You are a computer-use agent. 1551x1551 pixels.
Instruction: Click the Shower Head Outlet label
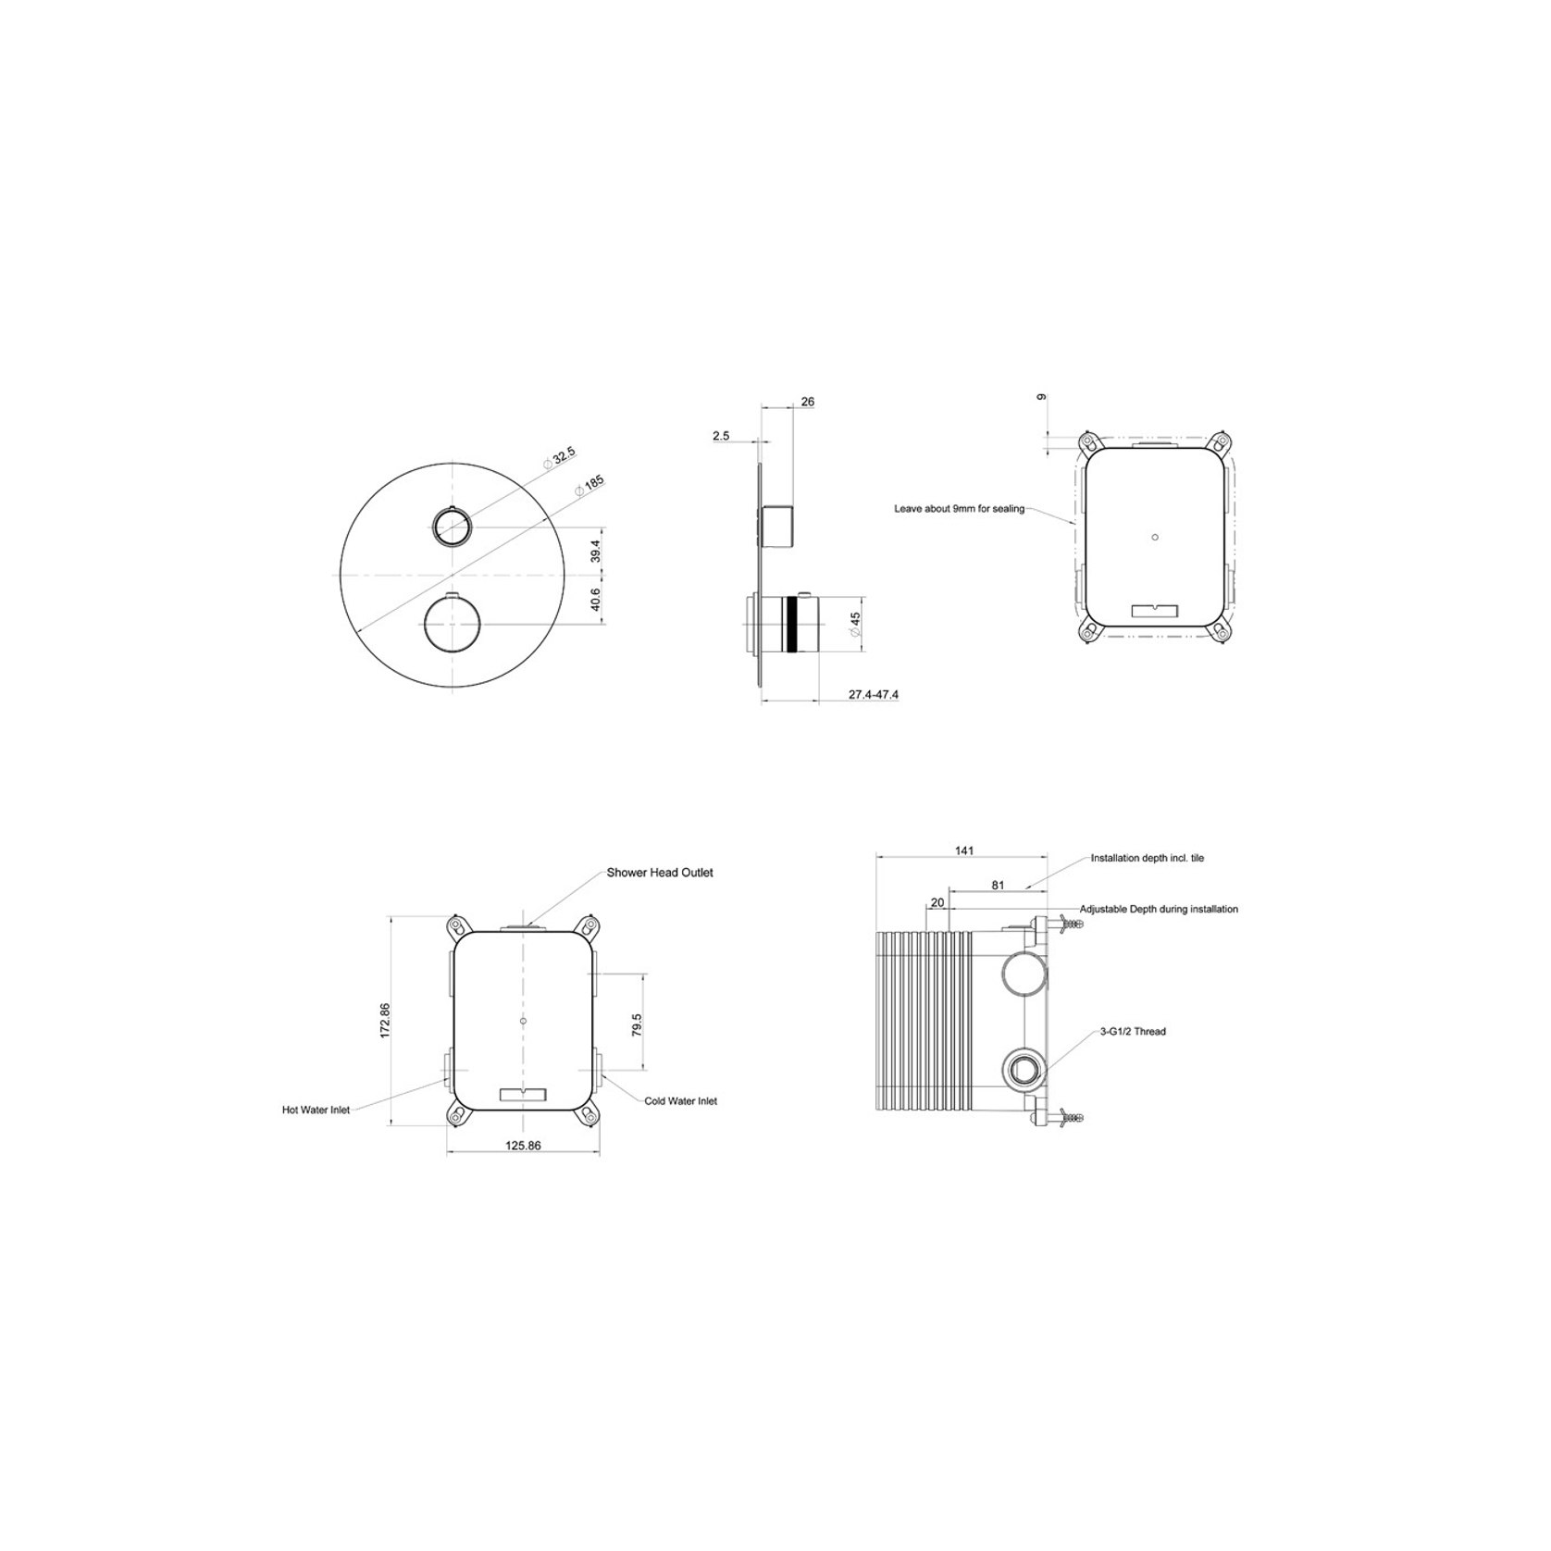tap(660, 873)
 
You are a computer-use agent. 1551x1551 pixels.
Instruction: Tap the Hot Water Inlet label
tap(316, 1110)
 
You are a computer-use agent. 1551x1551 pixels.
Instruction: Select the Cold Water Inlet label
tap(681, 1101)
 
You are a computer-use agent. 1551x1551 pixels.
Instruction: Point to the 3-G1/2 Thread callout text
tap(1133, 1031)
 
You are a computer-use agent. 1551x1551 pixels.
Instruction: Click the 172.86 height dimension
tap(386, 1021)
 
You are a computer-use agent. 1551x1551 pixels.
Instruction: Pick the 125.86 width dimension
tap(523, 1146)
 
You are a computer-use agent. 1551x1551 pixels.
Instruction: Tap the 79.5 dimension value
tap(637, 1025)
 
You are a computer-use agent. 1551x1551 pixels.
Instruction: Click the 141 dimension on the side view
tap(964, 851)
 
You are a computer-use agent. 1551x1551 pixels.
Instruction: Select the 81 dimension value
tap(998, 885)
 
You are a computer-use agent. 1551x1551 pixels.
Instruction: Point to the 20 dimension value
tap(937, 902)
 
